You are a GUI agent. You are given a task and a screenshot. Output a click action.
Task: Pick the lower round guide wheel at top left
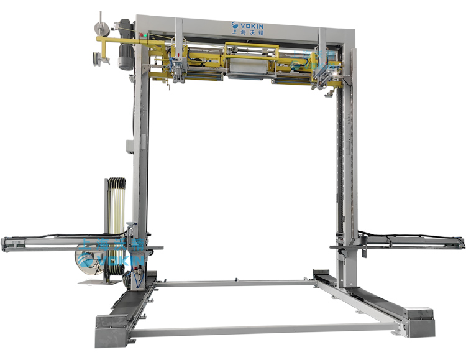click(x=97, y=59)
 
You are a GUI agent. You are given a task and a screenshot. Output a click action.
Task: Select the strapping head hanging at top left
click(x=179, y=68)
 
